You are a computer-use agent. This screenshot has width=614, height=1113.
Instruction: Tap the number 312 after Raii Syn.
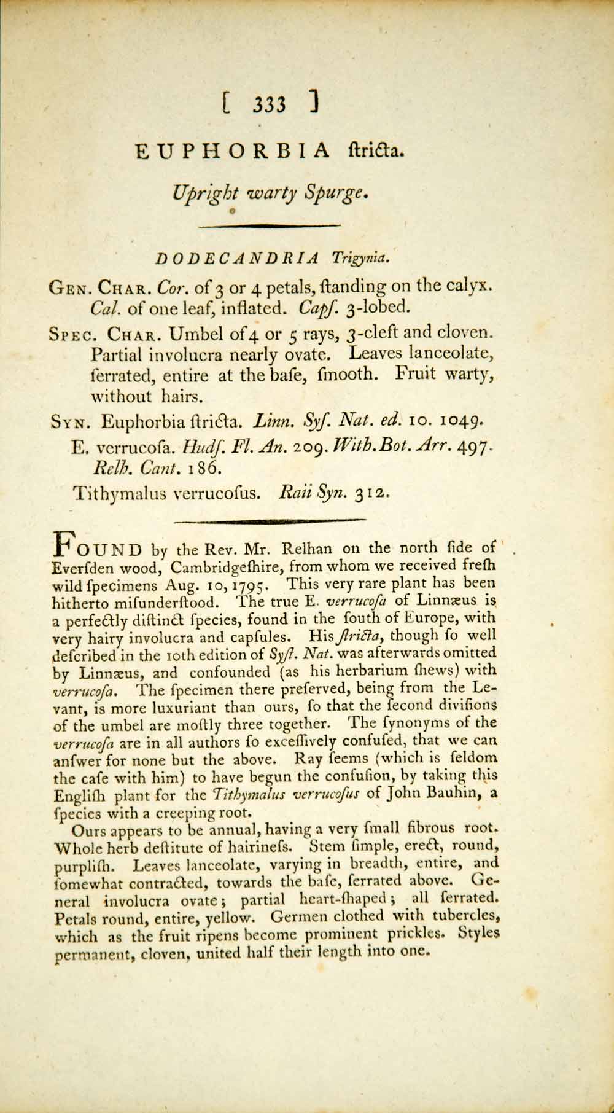click(370, 493)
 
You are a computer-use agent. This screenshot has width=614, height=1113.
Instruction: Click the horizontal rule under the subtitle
click(270, 226)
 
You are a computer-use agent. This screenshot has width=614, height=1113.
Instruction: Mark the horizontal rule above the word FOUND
click(270, 521)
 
